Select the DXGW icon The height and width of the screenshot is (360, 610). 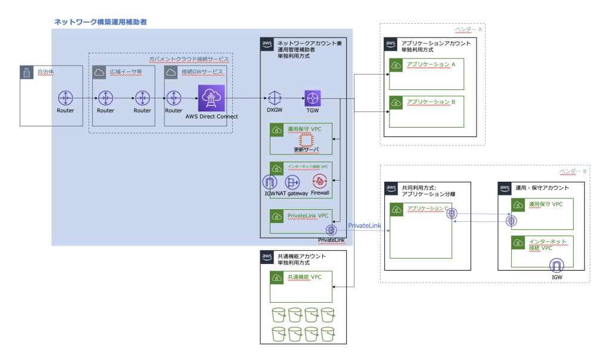click(275, 97)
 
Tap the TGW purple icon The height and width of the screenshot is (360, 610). click(313, 97)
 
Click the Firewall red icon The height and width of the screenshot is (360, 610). click(320, 182)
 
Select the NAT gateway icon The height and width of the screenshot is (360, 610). click(292, 182)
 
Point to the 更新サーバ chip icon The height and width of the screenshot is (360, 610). click(306, 138)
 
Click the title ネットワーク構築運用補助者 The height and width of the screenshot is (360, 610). click(101, 21)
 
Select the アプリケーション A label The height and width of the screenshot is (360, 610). click(430, 64)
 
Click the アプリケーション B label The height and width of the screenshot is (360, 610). click(430, 102)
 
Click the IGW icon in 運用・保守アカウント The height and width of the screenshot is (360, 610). click(557, 264)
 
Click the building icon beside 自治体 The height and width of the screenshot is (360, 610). click(26, 73)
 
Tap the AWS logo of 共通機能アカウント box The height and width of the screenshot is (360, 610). click(267, 257)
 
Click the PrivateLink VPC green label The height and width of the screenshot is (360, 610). click(307, 215)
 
